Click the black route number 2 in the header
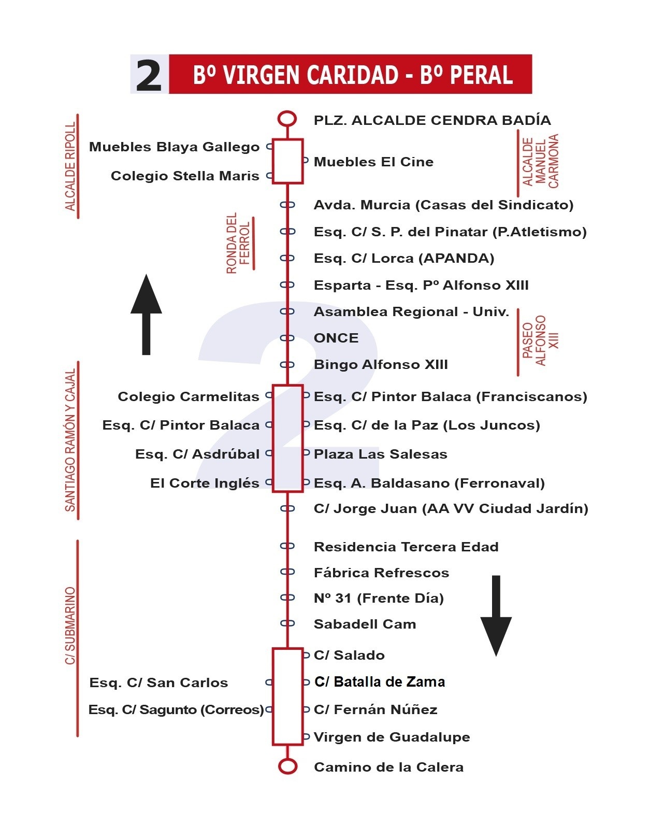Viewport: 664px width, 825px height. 149,75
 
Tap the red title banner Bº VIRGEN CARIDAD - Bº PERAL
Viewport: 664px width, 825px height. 351,75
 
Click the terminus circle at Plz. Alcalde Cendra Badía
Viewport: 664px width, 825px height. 287,119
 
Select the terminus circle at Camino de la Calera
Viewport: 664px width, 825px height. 287,766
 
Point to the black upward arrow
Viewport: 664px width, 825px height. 146,314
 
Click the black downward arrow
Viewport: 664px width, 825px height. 496,616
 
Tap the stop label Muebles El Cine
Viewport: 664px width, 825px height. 373,162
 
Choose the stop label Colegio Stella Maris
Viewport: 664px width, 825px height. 185,176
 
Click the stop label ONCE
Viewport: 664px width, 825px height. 336,338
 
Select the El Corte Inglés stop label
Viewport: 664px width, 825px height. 205,483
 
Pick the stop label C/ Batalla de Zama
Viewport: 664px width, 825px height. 380,682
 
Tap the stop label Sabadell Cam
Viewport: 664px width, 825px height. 365,624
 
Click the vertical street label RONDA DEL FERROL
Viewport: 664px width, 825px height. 238,243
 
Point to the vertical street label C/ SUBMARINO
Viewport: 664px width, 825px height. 70,625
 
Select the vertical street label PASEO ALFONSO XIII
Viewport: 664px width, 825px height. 540,340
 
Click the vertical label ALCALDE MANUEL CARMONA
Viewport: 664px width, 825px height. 540,161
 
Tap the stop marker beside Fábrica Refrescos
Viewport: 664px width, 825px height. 287,572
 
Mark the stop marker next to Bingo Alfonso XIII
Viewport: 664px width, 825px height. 287,365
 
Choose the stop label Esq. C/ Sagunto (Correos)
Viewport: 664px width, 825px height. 176,709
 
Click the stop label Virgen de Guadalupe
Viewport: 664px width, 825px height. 392,737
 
